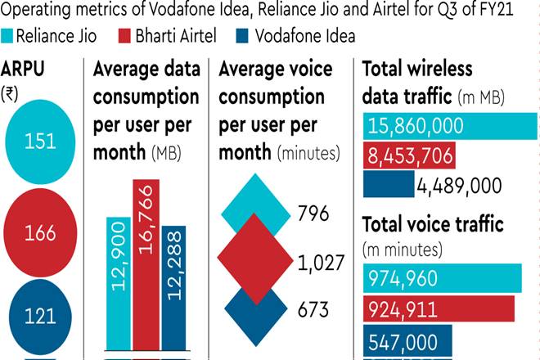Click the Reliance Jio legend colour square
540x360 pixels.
(x=8, y=37)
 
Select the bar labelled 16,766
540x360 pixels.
(x=146, y=262)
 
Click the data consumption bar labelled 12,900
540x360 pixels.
(x=118, y=282)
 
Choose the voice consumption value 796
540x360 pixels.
(x=314, y=214)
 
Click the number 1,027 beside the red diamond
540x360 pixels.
(x=321, y=263)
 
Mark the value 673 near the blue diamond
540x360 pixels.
(x=313, y=310)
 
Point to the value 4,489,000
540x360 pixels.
(x=458, y=185)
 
